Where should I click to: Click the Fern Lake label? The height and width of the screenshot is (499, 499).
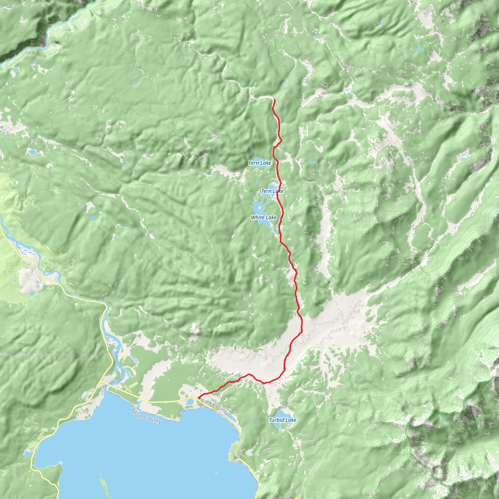[260, 163]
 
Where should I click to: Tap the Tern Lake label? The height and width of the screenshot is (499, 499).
[272, 191]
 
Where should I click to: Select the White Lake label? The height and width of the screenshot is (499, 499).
[264, 218]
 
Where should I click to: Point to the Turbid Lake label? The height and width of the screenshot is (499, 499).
[283, 420]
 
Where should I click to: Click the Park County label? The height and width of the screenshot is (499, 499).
[215, 407]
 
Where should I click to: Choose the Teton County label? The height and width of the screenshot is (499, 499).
[146, 416]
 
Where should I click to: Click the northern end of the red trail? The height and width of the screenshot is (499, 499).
[274, 100]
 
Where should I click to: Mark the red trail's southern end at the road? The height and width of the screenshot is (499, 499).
[199, 398]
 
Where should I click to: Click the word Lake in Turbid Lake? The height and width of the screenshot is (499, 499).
[291, 420]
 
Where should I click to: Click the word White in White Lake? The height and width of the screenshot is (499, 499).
[258, 218]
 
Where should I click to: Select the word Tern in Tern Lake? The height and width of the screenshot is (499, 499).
[266, 191]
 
